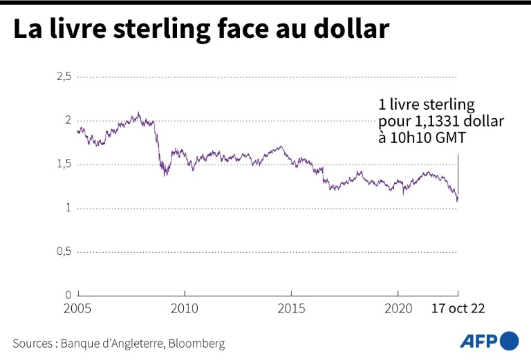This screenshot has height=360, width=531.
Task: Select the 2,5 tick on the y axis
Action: point(64,76)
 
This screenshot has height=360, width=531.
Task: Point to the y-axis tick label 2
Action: point(68,120)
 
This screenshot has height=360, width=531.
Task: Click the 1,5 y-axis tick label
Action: point(64,164)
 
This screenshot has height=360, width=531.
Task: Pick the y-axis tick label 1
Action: point(68,208)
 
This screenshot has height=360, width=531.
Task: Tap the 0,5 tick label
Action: point(64,252)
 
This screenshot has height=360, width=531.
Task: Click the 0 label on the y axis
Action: point(68,295)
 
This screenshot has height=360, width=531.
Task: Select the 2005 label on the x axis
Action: point(77,308)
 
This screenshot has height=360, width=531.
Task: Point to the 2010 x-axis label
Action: point(184,308)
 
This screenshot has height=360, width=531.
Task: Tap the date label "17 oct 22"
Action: point(458,308)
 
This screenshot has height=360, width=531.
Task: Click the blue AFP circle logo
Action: point(509,341)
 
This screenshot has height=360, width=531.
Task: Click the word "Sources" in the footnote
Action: point(34,343)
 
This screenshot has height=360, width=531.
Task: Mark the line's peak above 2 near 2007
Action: point(139,113)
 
